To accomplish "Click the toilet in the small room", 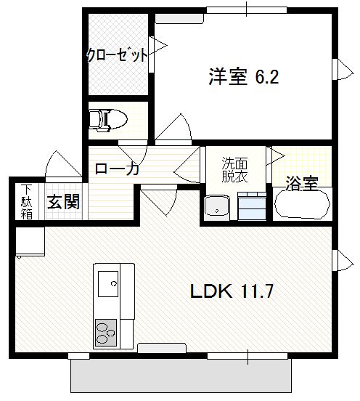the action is tap(108, 120).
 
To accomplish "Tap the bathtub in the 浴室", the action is tap(302, 203).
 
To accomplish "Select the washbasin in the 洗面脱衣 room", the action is tap(217, 206).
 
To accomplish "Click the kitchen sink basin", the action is tap(108, 283).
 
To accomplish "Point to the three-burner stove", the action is tap(106, 333).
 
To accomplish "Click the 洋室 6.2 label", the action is tap(243, 76).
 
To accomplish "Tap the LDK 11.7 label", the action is tap(232, 291).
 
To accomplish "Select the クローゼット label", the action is tap(117, 54).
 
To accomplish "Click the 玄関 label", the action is tap(64, 202).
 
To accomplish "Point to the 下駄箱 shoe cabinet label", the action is tap(27, 202).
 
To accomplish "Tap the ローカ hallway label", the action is tap(117, 169).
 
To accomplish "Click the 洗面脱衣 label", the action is tap(234, 169).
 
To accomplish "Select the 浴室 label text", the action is tap(302, 183).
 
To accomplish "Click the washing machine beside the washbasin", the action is tap(252, 206).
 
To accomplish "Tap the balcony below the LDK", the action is tap(181, 376).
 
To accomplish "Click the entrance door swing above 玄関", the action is tap(63, 164).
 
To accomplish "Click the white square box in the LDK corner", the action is tap(30, 241).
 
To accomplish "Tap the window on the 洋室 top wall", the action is tap(247, 10).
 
